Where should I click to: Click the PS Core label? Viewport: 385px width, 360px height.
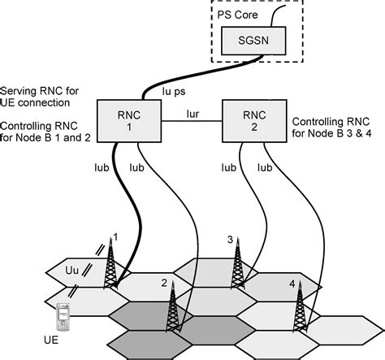[236, 11]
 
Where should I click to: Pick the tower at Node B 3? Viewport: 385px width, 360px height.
[239, 264]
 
